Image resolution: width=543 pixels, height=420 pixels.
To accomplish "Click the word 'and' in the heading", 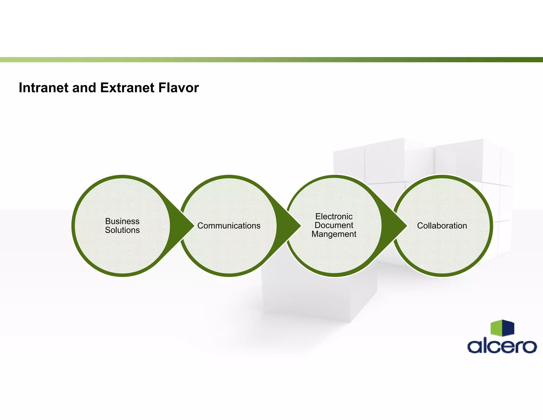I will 84,88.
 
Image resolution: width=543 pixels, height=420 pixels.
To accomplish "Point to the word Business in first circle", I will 122,221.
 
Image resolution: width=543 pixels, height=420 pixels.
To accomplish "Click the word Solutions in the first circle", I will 122,230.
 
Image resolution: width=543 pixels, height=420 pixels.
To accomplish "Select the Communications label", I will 229,226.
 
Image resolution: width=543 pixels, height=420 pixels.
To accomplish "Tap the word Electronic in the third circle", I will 334,217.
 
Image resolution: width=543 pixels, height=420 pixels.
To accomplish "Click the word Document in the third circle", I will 334,225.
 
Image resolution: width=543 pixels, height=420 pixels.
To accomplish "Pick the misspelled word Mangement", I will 334,234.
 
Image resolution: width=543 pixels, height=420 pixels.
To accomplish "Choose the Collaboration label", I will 442,226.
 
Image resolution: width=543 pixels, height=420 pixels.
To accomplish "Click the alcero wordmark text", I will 502,346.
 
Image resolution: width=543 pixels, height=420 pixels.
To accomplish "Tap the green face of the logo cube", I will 496,328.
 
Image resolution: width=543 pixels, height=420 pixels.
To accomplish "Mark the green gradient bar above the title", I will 271,60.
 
